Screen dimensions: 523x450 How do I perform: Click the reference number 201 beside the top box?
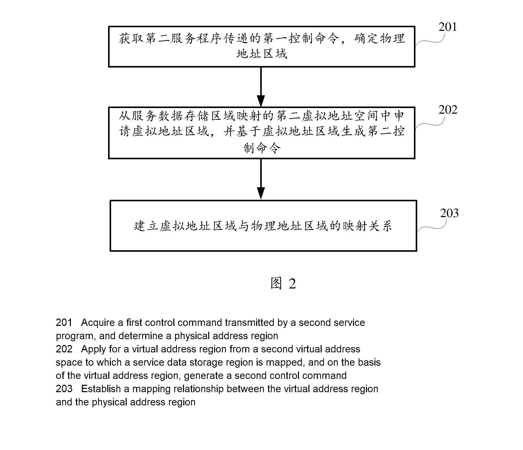(x=448, y=27)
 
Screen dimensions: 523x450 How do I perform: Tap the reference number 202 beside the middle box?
(x=448, y=110)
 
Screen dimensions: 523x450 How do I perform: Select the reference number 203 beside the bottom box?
(x=449, y=213)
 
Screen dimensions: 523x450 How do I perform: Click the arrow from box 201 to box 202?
(x=261, y=87)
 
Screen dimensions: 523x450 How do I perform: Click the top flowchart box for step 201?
(x=262, y=47)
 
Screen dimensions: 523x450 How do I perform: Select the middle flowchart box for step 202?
(x=262, y=133)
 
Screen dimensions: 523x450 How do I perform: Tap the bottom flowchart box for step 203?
(x=263, y=226)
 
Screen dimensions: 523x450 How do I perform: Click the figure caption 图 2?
(x=283, y=283)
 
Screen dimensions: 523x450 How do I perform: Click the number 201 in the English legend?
(x=64, y=323)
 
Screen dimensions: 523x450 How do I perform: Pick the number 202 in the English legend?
(x=64, y=349)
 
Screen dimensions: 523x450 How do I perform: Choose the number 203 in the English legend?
(x=64, y=389)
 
